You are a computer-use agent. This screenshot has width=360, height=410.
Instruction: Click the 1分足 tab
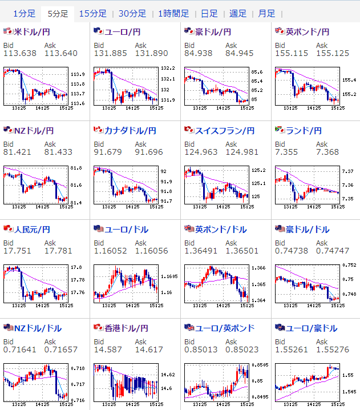24,13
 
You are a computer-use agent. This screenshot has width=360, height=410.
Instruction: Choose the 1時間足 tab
173,13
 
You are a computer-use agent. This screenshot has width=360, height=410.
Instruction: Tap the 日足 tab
209,13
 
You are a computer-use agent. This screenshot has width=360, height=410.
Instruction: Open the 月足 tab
266,13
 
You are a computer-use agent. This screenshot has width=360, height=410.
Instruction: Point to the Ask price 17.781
58,251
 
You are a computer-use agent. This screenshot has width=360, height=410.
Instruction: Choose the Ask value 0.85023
242,349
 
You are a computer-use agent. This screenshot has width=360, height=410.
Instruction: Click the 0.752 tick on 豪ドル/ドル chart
349,265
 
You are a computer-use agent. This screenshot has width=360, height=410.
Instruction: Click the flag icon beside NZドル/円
8,130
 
